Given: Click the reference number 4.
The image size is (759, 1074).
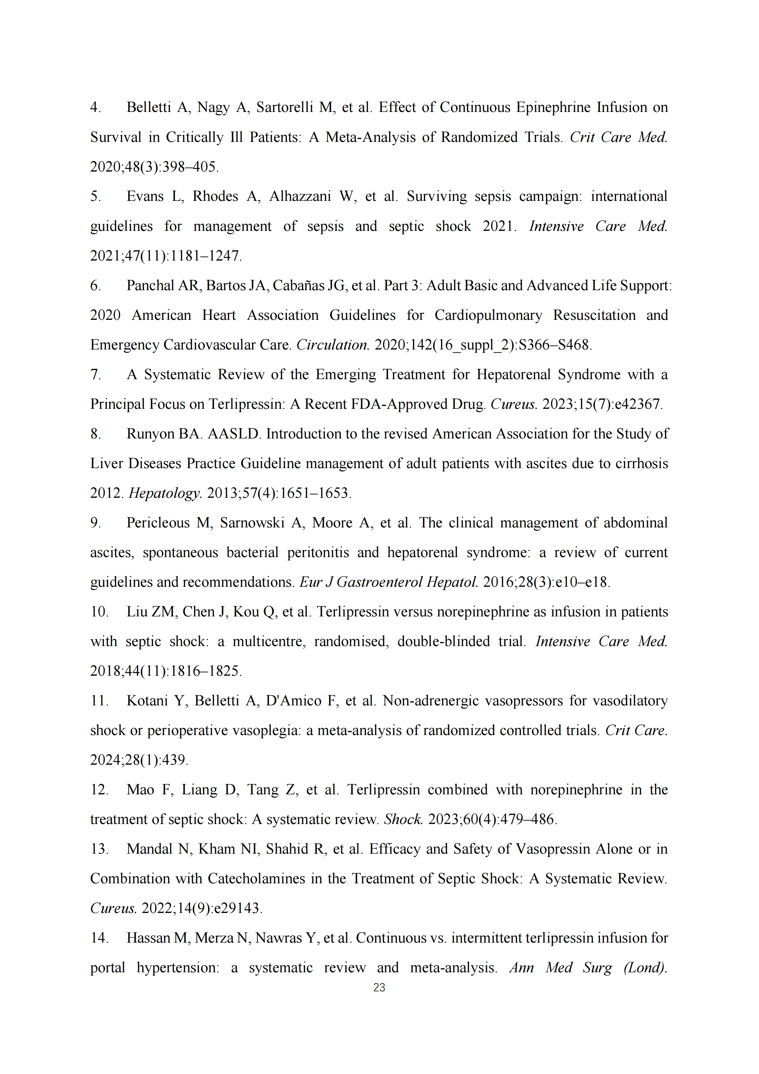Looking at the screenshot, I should [x=95, y=107].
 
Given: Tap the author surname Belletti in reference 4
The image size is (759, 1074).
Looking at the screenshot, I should [x=148, y=107].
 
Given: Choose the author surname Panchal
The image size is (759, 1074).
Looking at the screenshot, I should [x=150, y=285].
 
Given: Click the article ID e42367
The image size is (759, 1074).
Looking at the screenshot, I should [x=638, y=404].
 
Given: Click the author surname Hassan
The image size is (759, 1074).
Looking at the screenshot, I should [x=148, y=938].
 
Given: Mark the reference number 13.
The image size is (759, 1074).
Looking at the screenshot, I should [x=99, y=849].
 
